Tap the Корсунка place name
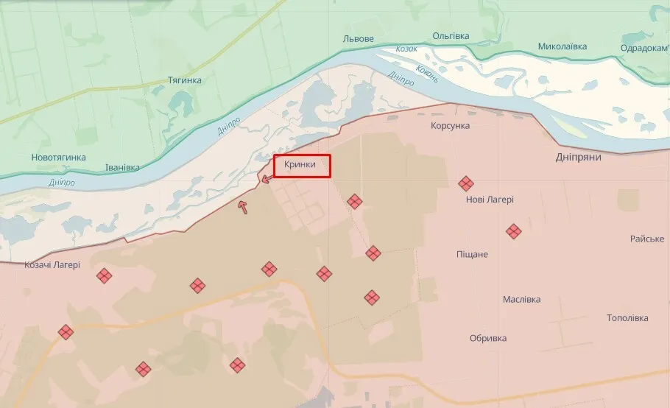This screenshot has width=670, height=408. click(x=450, y=126)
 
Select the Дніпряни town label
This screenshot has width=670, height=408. click(x=578, y=158)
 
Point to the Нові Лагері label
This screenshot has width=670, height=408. click(x=490, y=200)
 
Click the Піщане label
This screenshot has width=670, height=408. click(x=472, y=254)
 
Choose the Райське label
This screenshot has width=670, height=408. click(x=646, y=239)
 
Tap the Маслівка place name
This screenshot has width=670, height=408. click(x=521, y=300)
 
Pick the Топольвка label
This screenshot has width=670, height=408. click(x=627, y=318)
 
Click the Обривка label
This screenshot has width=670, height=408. click(x=488, y=338)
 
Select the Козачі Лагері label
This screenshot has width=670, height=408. click(x=52, y=265)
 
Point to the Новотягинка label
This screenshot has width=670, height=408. click(x=58, y=158)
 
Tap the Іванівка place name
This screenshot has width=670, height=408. click(x=121, y=167)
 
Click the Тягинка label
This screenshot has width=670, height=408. click(x=184, y=80)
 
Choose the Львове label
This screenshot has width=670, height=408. click(x=359, y=38)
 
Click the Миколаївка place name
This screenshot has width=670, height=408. click(x=563, y=46)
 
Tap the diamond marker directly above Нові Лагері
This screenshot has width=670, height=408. click(x=465, y=183)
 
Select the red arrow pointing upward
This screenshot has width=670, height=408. click(x=242, y=207)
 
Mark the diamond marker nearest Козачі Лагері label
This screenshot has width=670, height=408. click(x=105, y=276)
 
